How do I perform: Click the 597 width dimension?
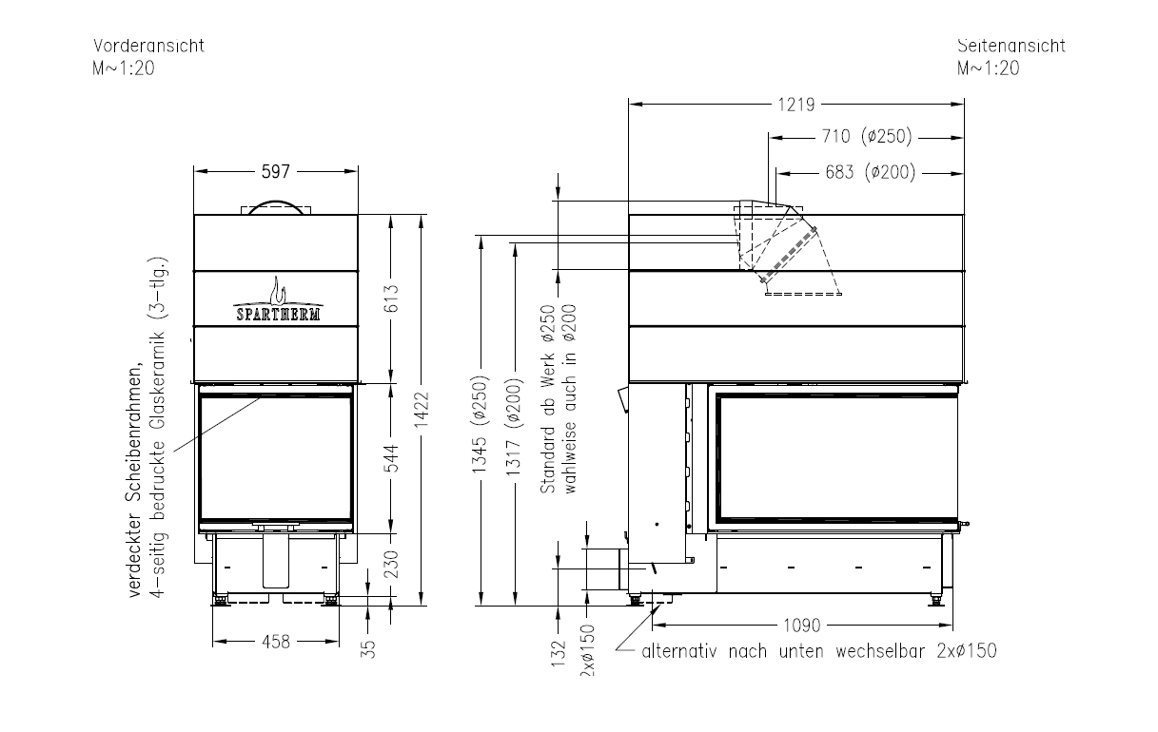click(x=276, y=171)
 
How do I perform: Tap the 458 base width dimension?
click(x=276, y=642)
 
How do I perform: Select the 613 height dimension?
click(x=391, y=299)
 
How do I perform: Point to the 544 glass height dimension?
click(x=391, y=458)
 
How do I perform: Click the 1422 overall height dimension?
click(x=422, y=409)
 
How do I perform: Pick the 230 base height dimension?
click(x=391, y=564)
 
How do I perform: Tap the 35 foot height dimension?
click(x=368, y=649)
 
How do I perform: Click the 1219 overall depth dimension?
click(x=796, y=105)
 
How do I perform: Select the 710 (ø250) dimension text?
click(x=867, y=136)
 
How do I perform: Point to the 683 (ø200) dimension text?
click(x=870, y=172)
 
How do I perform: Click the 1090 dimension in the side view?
click(x=802, y=626)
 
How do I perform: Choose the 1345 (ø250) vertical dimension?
click(x=480, y=425)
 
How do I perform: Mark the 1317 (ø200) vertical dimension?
click(x=514, y=428)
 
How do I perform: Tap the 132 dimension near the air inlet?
click(x=559, y=654)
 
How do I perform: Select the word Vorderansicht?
click(x=148, y=46)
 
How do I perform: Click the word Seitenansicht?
click(x=1011, y=46)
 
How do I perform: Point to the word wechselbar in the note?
click(x=880, y=651)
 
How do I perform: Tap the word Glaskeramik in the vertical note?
click(x=158, y=380)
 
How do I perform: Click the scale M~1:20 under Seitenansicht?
click(x=988, y=68)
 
